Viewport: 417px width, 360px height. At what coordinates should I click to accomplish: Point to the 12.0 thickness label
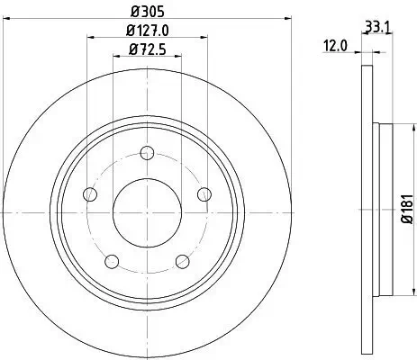(336, 45)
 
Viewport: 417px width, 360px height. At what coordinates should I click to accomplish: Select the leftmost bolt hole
(89, 193)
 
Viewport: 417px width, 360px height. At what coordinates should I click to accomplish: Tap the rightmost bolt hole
(204, 193)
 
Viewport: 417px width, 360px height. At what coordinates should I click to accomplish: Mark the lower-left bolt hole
(112, 261)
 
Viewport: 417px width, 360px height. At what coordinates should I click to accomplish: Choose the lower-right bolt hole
(183, 261)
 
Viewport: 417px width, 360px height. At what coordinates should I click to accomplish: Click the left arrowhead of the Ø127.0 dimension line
(90, 37)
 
